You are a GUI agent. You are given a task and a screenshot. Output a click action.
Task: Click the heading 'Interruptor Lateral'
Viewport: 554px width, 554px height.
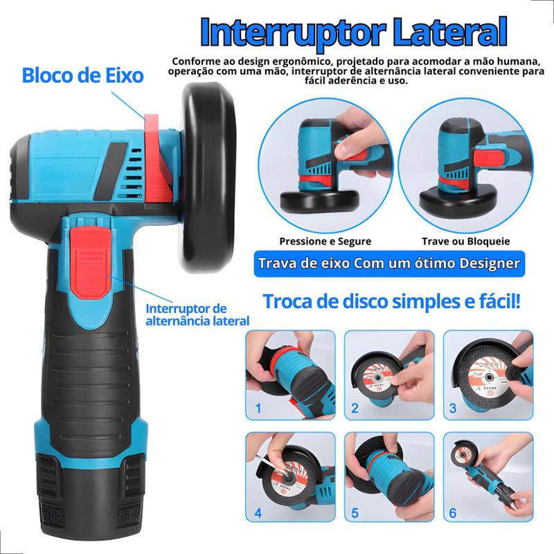pyautogui.click(x=354, y=33)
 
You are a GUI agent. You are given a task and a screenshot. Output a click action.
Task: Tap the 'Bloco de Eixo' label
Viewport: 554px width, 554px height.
pyautogui.click(x=82, y=75)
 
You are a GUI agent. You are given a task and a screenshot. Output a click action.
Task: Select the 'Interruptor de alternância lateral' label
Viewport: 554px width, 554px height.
pyautogui.click(x=197, y=314)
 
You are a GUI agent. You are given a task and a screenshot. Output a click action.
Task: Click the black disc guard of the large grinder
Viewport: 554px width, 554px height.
pyautogui.click(x=208, y=177)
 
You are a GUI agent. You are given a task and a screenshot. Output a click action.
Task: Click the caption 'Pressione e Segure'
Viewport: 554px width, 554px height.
pyautogui.click(x=325, y=241)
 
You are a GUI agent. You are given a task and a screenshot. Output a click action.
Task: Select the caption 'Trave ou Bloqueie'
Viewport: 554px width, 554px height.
pyautogui.click(x=465, y=241)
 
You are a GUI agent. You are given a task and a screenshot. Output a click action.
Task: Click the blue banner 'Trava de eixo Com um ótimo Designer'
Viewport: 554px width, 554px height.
pyautogui.click(x=389, y=264)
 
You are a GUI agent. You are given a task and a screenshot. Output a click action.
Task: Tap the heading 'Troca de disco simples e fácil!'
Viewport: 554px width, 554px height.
pyautogui.click(x=391, y=301)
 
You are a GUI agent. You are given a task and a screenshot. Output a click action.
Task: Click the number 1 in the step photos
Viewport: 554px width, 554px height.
pyautogui.click(x=258, y=408)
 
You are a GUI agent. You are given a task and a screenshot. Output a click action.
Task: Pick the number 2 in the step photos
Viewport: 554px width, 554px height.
pyautogui.click(x=355, y=408)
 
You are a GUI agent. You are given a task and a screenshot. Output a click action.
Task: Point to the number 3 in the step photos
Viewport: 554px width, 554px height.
pyautogui.click(x=453, y=408)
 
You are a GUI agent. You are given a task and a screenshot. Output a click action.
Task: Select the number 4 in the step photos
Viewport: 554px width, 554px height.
pyautogui.click(x=258, y=512)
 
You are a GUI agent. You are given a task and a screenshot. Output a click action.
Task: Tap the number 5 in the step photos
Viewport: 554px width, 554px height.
pyautogui.click(x=355, y=512)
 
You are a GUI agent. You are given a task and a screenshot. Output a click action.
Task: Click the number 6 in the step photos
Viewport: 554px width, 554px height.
pyautogui.click(x=453, y=512)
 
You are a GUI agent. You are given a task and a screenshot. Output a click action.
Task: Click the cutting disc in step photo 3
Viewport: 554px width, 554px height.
pyautogui.click(x=489, y=378)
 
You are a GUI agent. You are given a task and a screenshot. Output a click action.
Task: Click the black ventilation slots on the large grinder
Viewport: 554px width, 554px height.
pyautogui.click(x=134, y=173)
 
